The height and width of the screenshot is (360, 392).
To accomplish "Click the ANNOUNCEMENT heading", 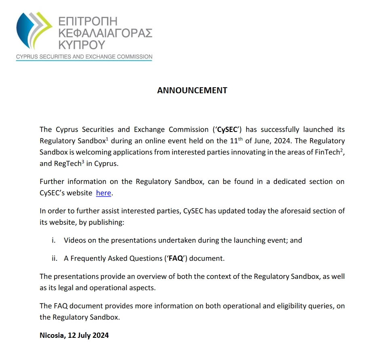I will [192, 90].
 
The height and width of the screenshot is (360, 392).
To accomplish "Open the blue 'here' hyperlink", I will [103, 193].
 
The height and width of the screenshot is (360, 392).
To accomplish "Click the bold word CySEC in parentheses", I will [230, 130].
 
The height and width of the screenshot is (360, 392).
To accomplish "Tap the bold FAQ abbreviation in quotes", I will [176, 258].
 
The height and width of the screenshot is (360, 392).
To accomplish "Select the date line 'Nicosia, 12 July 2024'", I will [74, 335].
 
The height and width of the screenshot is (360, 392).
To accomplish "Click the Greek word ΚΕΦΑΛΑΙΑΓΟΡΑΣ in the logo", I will [105, 33].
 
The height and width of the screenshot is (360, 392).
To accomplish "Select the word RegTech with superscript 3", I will [67, 163].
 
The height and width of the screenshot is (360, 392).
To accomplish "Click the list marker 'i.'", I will [53, 240].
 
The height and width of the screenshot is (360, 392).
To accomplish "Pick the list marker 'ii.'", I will [54, 258].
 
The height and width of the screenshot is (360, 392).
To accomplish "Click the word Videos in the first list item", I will [75, 240].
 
